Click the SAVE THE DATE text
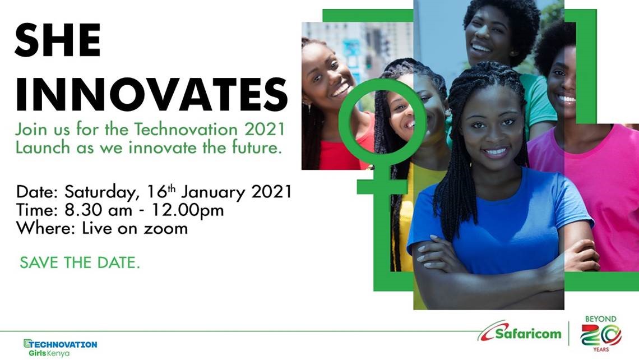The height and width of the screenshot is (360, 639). tap(80, 262)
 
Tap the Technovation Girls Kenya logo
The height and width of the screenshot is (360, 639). tap(60, 348)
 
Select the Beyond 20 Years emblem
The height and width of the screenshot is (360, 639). tap(600, 334)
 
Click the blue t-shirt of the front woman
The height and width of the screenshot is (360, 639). tap(493, 224)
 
